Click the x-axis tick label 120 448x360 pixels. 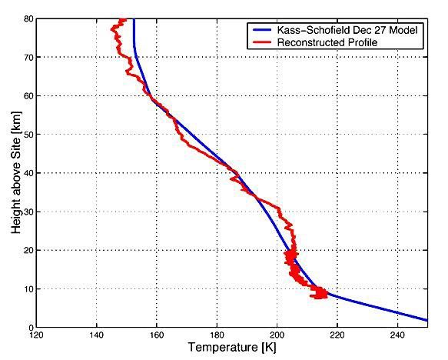click(35, 335)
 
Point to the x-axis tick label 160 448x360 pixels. click(156, 335)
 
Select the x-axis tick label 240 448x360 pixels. click(397, 335)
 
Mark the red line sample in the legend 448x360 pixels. click(260, 42)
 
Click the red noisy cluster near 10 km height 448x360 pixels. click(318, 292)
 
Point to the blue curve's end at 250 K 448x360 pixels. click(426, 320)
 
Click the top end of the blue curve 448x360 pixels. click(134, 20)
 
